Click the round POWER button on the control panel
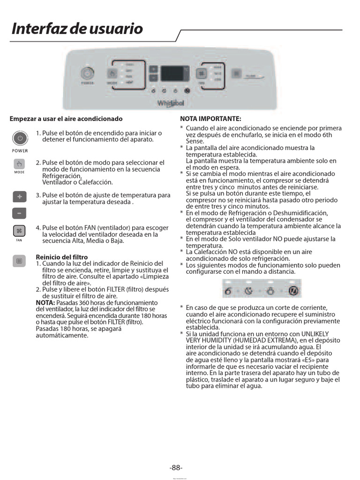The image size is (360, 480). click(87, 74)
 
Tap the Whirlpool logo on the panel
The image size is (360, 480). click(171, 102)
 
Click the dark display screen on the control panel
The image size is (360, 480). click(175, 74)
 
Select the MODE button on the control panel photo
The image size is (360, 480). click(112, 74)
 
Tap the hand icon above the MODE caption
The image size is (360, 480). click(20, 164)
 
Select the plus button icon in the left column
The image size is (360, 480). click(20, 196)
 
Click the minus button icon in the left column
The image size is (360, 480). click(20, 213)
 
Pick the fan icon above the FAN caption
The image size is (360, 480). click(20, 231)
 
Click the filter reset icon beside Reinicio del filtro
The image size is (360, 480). click(20, 261)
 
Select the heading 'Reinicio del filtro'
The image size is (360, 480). click(61, 257)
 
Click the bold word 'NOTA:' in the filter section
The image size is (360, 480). click(45, 303)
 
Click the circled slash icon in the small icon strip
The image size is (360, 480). click(294, 291)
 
